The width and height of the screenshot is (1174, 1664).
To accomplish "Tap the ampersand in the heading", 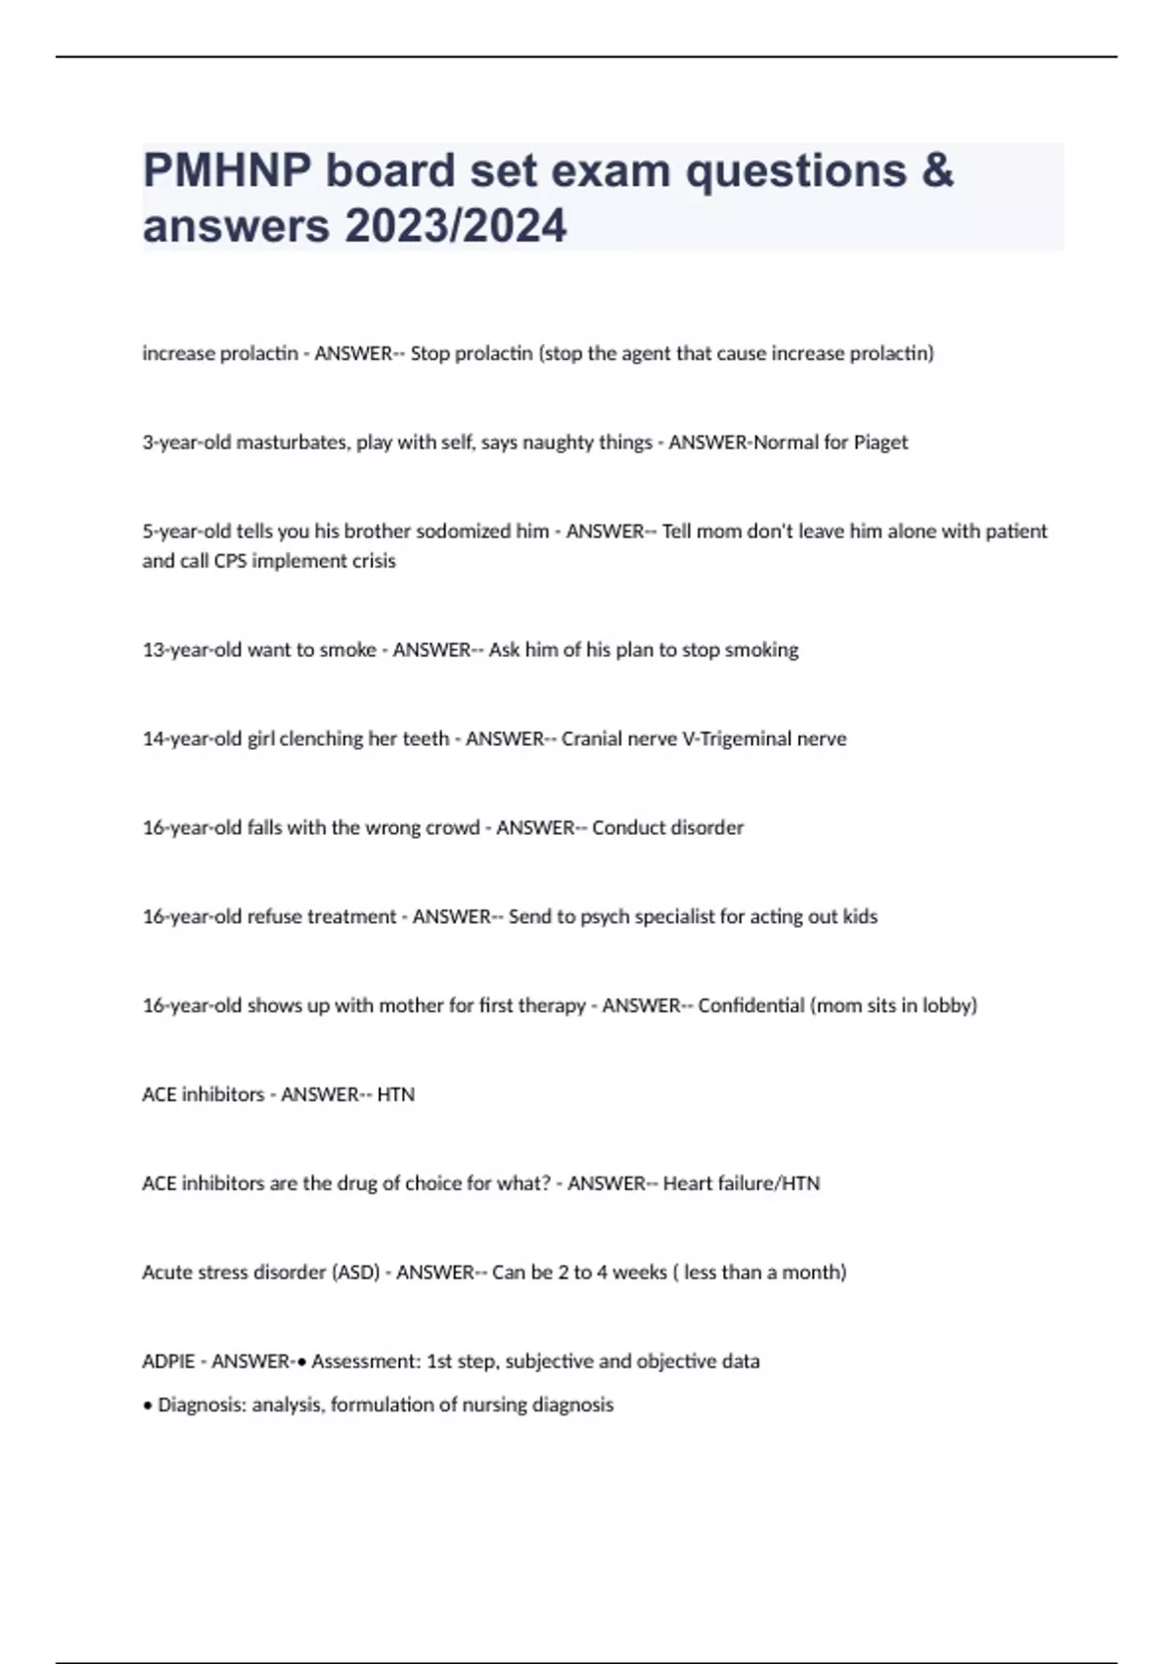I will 936,171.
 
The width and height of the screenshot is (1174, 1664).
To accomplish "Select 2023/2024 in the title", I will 455,226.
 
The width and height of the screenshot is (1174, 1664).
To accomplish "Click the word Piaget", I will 880,442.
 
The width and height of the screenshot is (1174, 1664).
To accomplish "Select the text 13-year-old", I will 192,650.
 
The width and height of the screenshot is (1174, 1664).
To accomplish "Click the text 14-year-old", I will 192,739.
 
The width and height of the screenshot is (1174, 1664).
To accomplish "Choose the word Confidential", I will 750,1005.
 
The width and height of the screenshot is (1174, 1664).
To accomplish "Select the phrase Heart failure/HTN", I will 741,1183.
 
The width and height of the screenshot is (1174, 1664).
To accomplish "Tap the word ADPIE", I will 168,1362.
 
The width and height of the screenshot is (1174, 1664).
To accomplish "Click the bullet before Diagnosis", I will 148,1406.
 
